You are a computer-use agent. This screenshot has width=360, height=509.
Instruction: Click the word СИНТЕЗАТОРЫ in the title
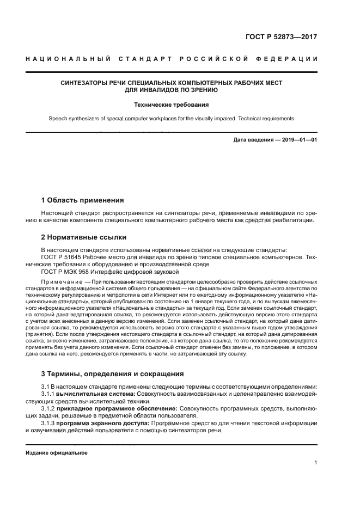[86, 83]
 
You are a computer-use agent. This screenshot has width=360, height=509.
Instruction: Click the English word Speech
[58, 118]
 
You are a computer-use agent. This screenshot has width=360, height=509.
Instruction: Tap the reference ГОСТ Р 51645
[63, 256]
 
